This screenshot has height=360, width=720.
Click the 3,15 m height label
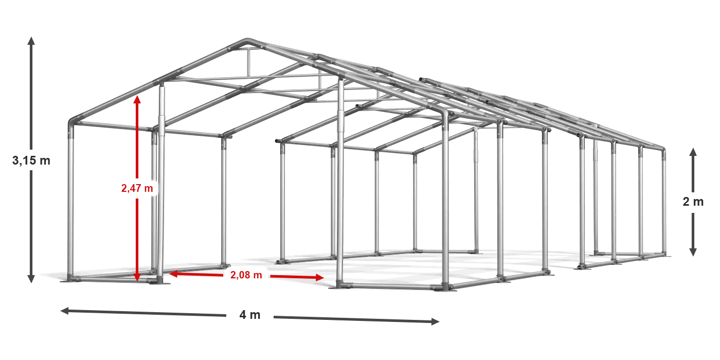[31, 161]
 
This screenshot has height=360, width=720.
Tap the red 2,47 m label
[137, 188]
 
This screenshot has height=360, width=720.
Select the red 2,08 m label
[246, 275]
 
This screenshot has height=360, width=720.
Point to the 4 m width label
[250, 315]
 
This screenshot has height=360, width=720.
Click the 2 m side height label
[693, 202]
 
